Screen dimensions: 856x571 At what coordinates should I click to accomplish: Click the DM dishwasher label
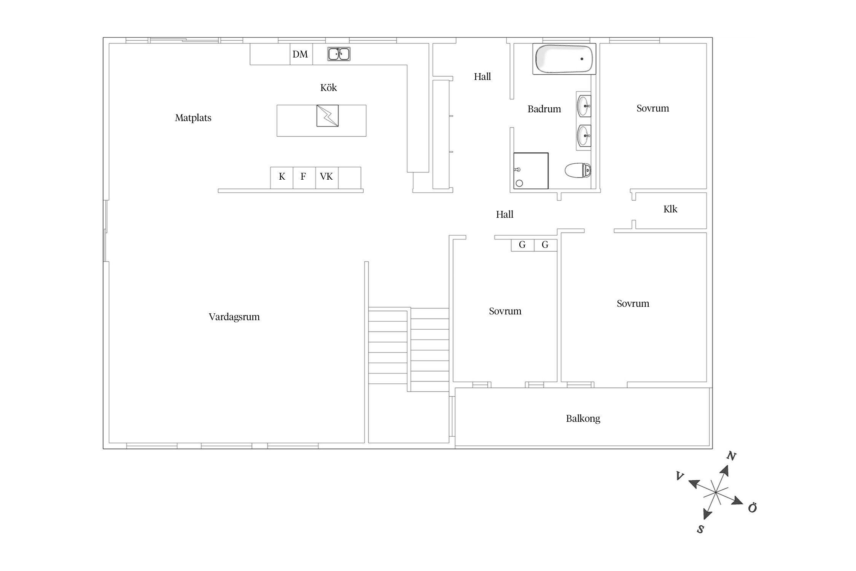point(300,54)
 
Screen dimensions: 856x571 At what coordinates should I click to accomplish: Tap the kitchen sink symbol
point(339,54)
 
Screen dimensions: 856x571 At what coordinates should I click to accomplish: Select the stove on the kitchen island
point(327,116)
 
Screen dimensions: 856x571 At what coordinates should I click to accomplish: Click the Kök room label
point(328,88)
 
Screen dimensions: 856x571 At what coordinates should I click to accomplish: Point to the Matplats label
point(193,118)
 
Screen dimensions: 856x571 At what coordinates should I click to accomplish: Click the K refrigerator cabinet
point(282,178)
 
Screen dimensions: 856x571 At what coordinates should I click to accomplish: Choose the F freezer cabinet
point(304,178)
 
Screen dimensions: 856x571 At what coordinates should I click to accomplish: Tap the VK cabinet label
point(326,177)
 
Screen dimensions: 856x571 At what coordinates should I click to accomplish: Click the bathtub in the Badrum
point(564,59)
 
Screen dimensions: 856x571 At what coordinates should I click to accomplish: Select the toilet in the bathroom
point(578,170)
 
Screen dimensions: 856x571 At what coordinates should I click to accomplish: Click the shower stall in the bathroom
point(531,171)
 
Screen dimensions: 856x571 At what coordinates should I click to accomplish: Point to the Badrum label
point(544,109)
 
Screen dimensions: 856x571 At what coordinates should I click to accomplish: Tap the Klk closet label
point(670,209)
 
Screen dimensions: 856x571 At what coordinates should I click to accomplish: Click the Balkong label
point(583,419)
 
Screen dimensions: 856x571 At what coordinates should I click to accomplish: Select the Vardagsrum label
point(234,317)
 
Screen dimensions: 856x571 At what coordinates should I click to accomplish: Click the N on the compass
point(731,456)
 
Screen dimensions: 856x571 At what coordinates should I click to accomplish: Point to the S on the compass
point(700,529)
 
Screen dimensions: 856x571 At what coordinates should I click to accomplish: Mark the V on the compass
point(680,476)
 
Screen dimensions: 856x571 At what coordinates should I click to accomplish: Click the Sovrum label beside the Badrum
point(652,108)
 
